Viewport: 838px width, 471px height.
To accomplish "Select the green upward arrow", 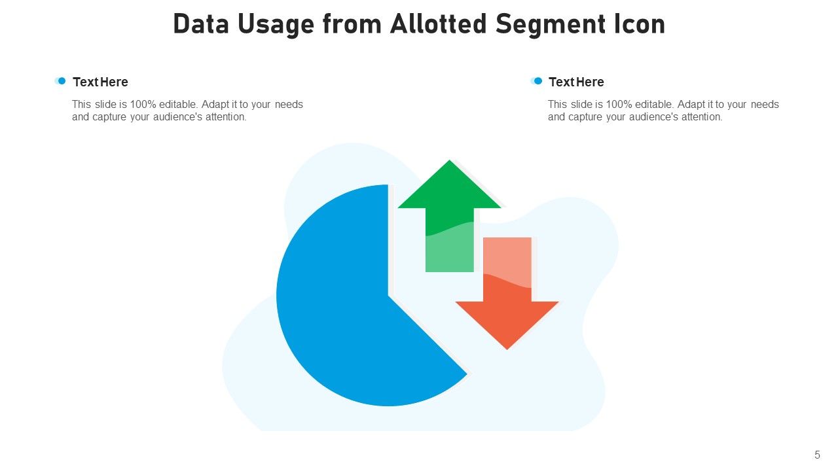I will pos(449,216).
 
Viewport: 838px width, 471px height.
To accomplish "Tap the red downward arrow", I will pos(507,301).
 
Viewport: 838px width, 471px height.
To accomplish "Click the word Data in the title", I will pos(198,24).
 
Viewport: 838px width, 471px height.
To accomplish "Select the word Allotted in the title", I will pos(438,24).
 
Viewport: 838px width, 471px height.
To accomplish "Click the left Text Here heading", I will pos(100,82).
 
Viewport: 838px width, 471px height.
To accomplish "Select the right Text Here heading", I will pos(576,82).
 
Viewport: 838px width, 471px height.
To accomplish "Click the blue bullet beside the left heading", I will pos(62,81).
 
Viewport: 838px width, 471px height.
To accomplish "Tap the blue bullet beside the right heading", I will pos(537,81).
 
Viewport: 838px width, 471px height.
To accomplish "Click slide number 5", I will pos(817,455).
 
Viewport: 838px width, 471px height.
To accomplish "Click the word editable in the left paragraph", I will pos(177,104).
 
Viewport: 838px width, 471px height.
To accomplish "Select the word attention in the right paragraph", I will pos(701,117).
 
